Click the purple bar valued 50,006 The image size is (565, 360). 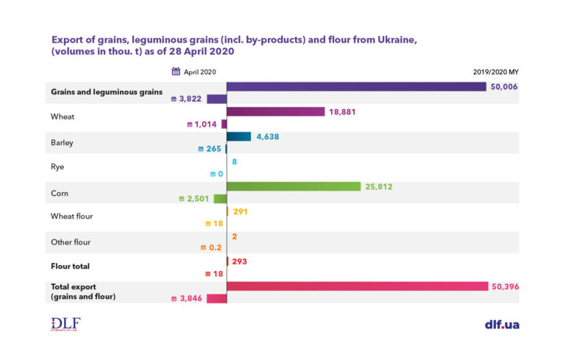pos(356,87)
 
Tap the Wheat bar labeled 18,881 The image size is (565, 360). pos(275,112)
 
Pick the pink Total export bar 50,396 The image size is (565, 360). pos(358,286)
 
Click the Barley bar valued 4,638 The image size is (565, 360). pos(239,137)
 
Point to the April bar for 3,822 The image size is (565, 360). pos(216,99)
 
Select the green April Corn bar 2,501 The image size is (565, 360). pos(219,199)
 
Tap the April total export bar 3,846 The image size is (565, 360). pos(216,299)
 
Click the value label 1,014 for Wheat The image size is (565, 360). pos(203,124)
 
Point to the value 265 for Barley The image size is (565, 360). pos(212,149)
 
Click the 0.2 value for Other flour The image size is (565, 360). pos(216,248)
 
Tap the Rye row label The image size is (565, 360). pos(57,167)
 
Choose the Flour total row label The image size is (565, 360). pos(70,267)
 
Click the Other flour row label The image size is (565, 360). pos(71,241)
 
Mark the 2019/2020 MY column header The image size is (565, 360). pos(496,72)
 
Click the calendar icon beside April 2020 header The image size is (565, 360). pos(176,71)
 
